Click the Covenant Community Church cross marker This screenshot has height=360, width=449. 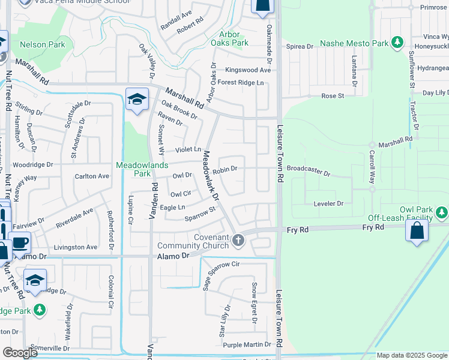click(x=238, y=241)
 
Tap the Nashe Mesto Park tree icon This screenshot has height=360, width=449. click(x=397, y=43)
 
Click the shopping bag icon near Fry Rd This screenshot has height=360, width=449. click(x=417, y=231)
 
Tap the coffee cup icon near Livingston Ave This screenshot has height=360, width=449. click(x=20, y=242)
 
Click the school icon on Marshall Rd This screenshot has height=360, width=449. click(x=136, y=99)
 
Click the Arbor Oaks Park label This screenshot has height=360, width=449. click(x=234, y=39)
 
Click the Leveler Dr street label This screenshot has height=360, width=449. click(x=328, y=204)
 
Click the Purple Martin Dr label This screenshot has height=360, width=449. click(x=247, y=344)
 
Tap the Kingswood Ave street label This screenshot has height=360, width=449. click(x=248, y=70)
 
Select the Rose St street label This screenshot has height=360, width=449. click(x=333, y=95)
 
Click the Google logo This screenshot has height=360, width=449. click(x=20, y=353)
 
